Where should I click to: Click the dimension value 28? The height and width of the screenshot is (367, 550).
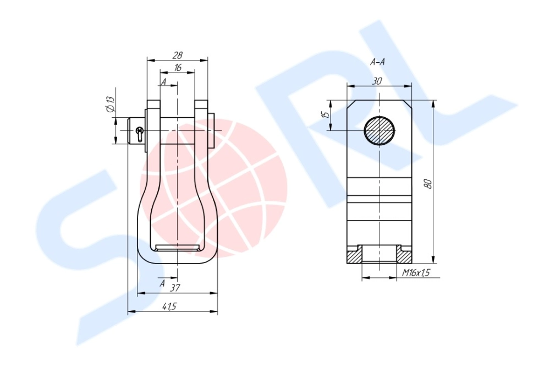tap(178, 55)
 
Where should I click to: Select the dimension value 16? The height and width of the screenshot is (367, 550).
tap(178, 67)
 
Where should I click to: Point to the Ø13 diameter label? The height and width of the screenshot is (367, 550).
tap(110, 104)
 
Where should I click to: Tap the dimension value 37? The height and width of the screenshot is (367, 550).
tap(175, 288)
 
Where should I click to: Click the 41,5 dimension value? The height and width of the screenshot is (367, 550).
tap(169, 306)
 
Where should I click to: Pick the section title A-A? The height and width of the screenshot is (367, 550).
tap(377, 62)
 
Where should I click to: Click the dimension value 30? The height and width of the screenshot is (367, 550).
tap(377, 81)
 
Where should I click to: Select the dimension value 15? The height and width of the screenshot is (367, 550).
tap(326, 115)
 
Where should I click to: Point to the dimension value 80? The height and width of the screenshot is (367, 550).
tap(428, 184)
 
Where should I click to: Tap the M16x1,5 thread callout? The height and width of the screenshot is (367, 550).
tap(416, 272)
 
